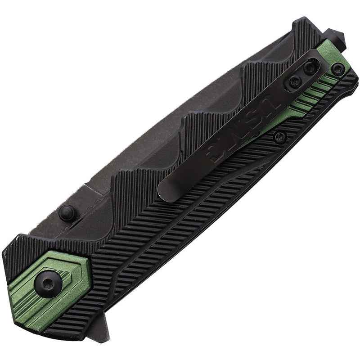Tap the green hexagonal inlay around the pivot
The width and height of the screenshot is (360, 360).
[67, 270]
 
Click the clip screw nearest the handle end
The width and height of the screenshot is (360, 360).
[310, 68]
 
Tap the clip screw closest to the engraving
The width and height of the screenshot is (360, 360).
[295, 81]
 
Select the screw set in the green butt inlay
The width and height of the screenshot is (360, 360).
[337, 69]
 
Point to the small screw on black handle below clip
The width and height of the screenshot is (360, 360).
[279, 138]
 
